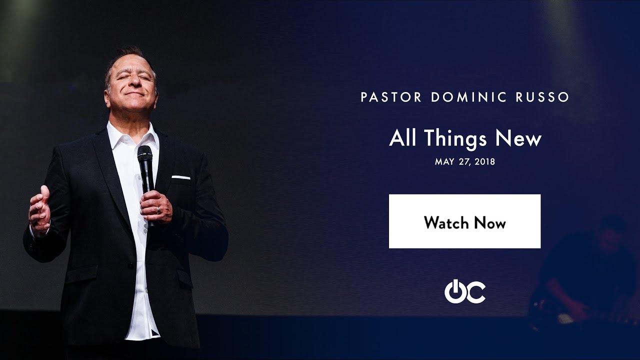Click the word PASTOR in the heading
pos(391,97)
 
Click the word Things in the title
pos(456,138)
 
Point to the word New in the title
pos(518,138)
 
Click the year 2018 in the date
pos(484,162)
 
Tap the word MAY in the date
pos(444,162)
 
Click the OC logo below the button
pos(464,291)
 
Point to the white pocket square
pos(180,177)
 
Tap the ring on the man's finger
pos(158,210)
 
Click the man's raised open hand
pos(39,209)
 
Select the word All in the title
pos(403,138)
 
